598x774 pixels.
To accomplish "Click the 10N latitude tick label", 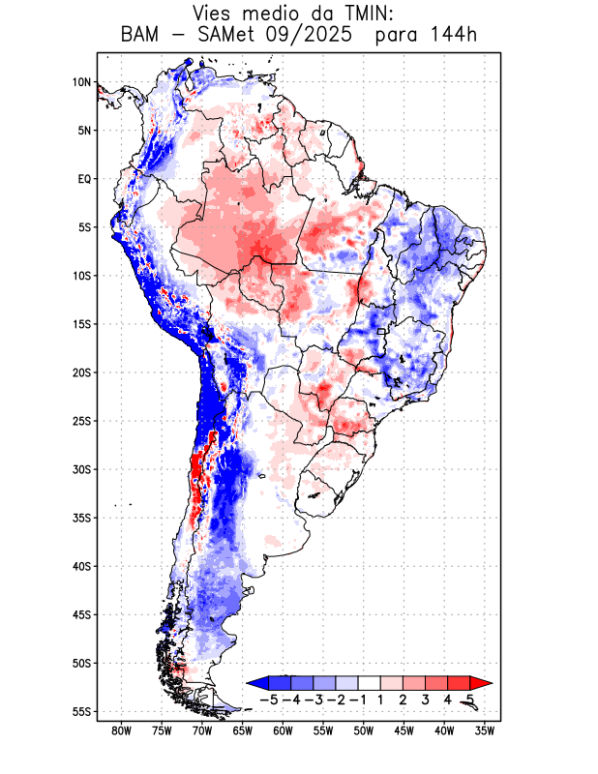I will [81, 82].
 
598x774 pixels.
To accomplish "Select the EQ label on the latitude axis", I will [83, 179].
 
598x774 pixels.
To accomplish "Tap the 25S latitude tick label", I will [80, 421].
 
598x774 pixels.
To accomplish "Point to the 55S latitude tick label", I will [80, 711].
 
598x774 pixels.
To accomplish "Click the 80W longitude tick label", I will [121, 730].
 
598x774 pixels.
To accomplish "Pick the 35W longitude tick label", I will [485, 730].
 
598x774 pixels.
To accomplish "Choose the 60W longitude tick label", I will [283, 730].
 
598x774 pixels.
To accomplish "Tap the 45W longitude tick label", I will [404, 730].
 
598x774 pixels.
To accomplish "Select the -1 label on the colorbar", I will [357, 699].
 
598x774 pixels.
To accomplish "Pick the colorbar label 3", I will [425, 699].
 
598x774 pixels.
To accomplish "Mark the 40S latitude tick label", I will [80, 566].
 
